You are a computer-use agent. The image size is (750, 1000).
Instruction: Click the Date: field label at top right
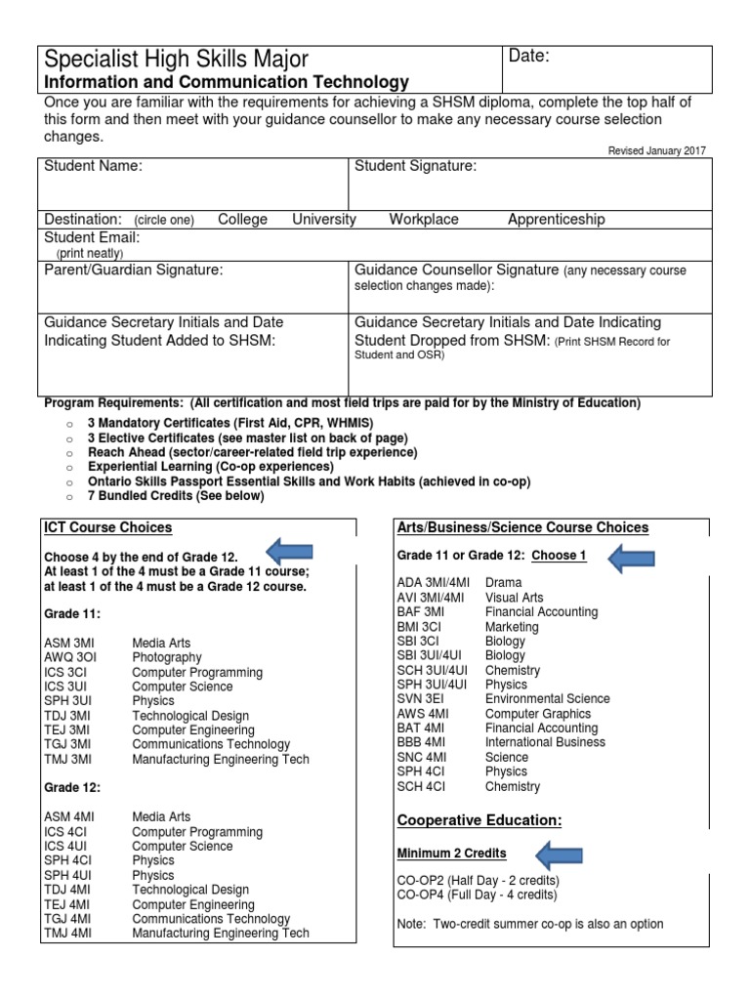pyautogui.click(x=530, y=57)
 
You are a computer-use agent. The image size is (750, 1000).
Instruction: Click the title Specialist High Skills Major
pyautogui.click(x=177, y=60)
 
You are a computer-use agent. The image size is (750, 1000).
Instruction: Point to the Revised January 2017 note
pyautogui.click(x=656, y=150)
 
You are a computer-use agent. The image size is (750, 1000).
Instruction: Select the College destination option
pyautogui.click(x=242, y=220)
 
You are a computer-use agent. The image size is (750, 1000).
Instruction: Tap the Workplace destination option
pyautogui.click(x=424, y=220)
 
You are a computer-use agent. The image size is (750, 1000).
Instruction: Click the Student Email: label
pyautogui.click(x=92, y=237)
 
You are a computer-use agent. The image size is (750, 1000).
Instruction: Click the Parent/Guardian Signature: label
pyautogui.click(x=134, y=270)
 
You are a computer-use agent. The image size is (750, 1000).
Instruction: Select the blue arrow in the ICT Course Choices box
pyautogui.click(x=289, y=549)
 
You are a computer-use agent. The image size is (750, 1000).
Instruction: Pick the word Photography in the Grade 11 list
pyautogui.click(x=167, y=657)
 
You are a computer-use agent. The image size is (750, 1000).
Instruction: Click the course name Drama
pyautogui.click(x=503, y=582)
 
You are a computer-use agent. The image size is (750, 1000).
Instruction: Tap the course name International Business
pyautogui.click(x=545, y=742)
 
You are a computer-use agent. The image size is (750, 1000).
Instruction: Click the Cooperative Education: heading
pyautogui.click(x=479, y=819)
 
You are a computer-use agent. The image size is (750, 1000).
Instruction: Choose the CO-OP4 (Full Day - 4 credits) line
pyautogui.click(x=477, y=895)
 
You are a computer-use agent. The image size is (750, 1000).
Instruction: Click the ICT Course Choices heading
pyautogui.click(x=107, y=527)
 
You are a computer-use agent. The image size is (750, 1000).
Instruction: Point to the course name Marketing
pyautogui.click(x=512, y=626)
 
